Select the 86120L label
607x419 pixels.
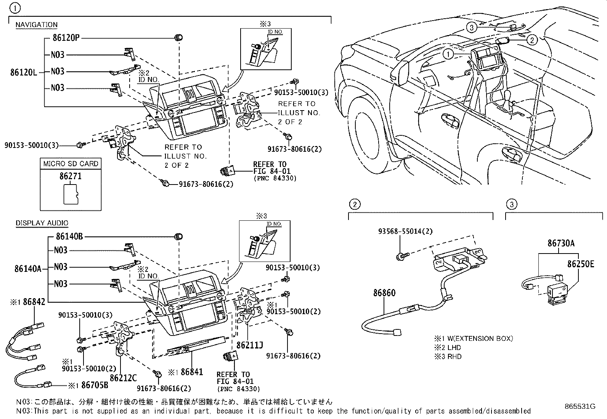click(x=24, y=72)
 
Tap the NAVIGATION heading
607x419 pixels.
click(x=37, y=25)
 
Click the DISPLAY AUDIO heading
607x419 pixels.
click(x=42, y=223)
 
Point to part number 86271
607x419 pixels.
click(x=71, y=177)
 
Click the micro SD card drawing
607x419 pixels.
click(x=70, y=194)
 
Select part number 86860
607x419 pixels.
click(x=384, y=293)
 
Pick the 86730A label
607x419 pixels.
click(x=561, y=243)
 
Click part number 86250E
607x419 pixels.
click(x=580, y=264)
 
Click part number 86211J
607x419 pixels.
click(x=250, y=345)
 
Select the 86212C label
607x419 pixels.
click(x=123, y=378)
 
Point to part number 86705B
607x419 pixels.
click(x=95, y=385)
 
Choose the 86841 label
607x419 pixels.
click(x=192, y=372)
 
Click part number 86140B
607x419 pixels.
click(x=69, y=237)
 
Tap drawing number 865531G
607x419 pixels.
click(x=580, y=406)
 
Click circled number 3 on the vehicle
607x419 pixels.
click(x=472, y=27)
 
